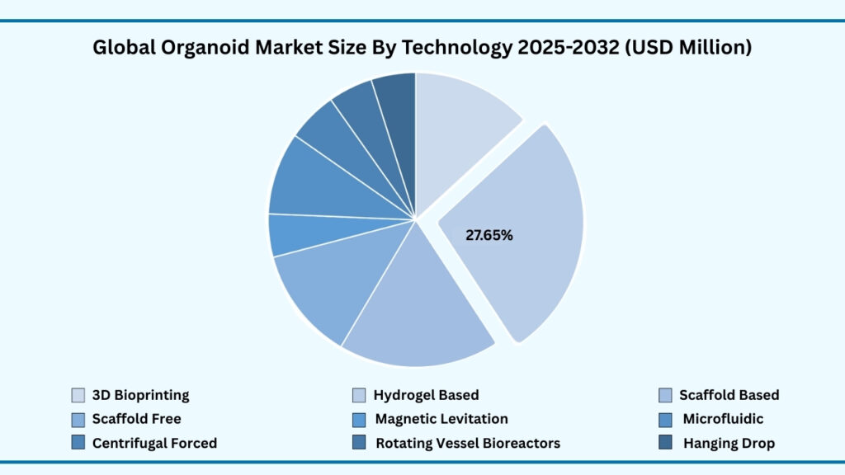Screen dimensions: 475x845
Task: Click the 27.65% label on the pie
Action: click(x=489, y=235)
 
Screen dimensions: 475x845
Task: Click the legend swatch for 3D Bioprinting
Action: click(x=78, y=395)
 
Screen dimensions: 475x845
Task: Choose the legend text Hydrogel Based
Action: click(x=426, y=395)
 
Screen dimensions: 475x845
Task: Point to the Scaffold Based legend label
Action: click(x=729, y=395)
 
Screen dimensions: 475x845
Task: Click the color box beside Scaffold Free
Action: click(x=78, y=419)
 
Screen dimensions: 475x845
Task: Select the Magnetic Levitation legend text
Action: click(x=441, y=419)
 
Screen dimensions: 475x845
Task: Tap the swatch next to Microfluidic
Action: click(x=666, y=419)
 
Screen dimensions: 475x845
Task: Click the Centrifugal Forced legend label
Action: click(x=154, y=443)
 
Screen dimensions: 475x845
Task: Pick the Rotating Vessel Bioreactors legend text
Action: click(x=467, y=443)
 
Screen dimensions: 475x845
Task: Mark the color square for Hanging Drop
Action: click(x=666, y=443)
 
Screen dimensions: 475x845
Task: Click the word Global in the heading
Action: click(x=122, y=48)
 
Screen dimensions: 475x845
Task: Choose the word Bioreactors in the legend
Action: click(x=519, y=443)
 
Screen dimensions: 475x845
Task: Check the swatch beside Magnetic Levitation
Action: click(x=359, y=419)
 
